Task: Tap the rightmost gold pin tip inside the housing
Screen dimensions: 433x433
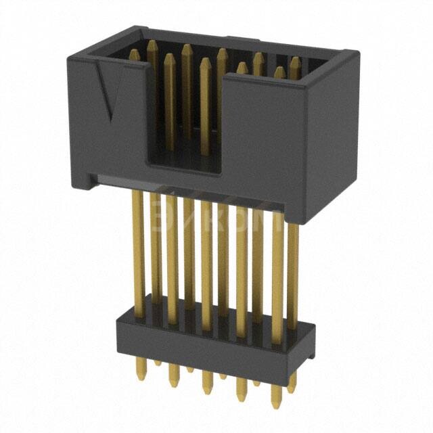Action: click(296, 61)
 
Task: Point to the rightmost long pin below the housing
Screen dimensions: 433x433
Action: click(293, 271)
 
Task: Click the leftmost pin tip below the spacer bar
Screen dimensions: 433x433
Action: click(140, 375)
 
